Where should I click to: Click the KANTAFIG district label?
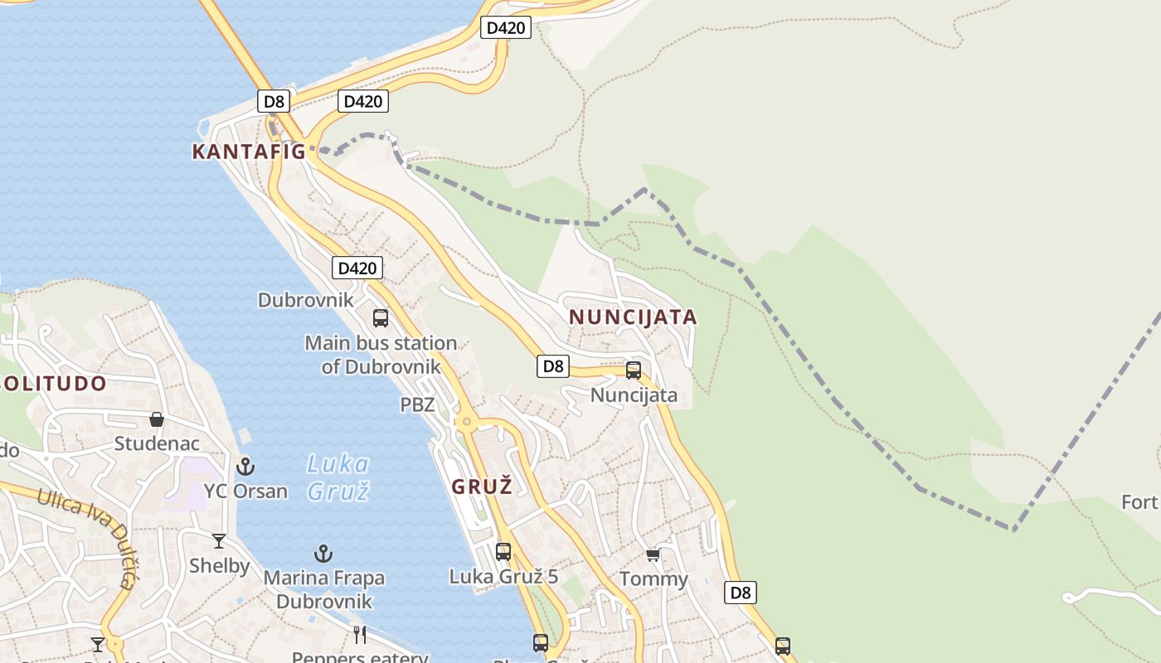(x=249, y=152)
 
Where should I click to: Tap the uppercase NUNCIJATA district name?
(x=633, y=317)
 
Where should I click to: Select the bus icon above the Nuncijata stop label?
(x=634, y=370)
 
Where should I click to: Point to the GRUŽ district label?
(x=482, y=487)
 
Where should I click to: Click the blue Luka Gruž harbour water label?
(x=338, y=477)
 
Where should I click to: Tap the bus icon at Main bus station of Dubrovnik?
(x=381, y=317)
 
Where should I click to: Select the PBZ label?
(x=417, y=405)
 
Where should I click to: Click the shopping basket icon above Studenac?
(x=157, y=419)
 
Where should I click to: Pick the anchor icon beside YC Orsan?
(x=245, y=467)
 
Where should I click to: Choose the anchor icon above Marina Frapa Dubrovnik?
(x=323, y=554)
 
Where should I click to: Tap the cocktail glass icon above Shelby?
(x=219, y=541)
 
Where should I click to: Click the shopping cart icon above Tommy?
(x=653, y=554)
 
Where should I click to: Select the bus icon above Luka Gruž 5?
(x=503, y=552)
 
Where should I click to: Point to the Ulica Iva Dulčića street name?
(x=90, y=530)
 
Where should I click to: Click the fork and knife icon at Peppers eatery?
(x=360, y=635)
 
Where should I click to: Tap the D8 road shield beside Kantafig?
(x=274, y=102)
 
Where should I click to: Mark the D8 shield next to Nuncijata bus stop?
(x=553, y=365)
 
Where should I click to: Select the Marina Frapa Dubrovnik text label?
(x=324, y=589)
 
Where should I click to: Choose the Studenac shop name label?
(x=157, y=443)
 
